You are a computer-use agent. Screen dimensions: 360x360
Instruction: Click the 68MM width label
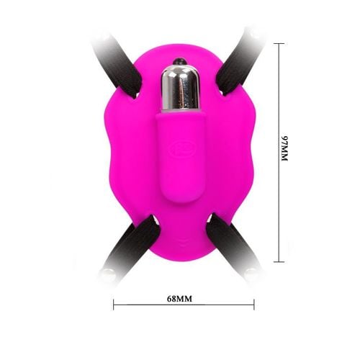(179, 299)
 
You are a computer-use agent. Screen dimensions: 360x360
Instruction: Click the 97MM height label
(284, 148)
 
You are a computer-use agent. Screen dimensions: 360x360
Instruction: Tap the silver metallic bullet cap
(180, 89)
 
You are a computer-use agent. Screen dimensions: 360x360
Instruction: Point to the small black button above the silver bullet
(180, 60)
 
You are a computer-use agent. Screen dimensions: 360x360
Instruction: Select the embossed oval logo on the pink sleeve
(181, 148)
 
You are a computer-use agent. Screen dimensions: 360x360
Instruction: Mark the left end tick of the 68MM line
(114, 305)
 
